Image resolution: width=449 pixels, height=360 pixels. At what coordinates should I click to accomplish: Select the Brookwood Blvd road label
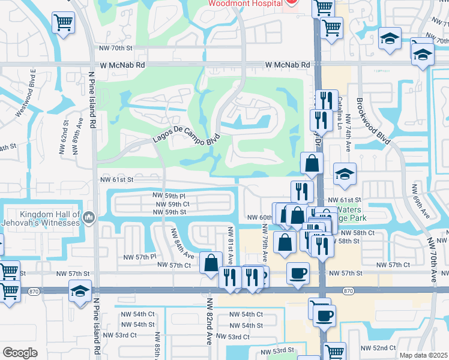click(x=373, y=121)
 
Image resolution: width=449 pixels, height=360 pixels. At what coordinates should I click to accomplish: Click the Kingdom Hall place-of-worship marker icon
click(x=89, y=217)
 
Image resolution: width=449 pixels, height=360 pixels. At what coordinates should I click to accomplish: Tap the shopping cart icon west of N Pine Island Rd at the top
click(x=63, y=23)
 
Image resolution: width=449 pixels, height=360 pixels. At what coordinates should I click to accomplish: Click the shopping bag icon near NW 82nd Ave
click(x=211, y=263)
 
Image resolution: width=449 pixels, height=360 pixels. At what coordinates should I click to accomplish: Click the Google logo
click(x=20, y=352)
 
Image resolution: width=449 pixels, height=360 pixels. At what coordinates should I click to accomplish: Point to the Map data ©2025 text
click(x=423, y=355)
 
